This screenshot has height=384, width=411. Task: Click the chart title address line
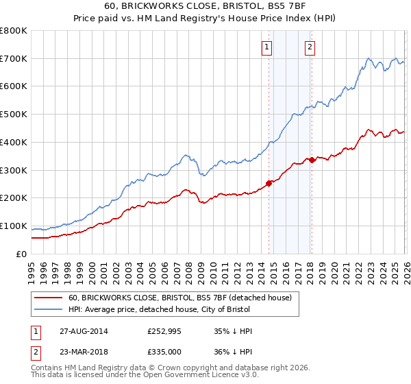pos(206,6)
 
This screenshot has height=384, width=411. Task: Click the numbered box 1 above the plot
pos(266,47)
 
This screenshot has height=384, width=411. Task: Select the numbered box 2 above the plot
pos(310,47)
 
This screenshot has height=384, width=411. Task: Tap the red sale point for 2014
pos(269,183)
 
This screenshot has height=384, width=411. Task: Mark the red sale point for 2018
pos(312,160)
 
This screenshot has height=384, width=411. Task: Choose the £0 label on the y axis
pos(21,254)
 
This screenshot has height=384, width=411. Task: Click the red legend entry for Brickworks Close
pos(179,298)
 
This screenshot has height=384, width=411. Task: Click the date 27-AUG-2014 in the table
pos(82,331)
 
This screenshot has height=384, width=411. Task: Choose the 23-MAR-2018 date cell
pos(82,352)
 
